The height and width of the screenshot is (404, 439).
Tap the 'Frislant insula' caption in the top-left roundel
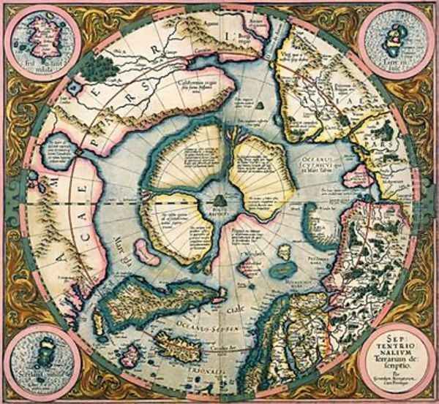pyautogui.click(x=37, y=67)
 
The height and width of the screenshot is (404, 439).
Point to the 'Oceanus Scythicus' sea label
pyautogui.click(x=322, y=158)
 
